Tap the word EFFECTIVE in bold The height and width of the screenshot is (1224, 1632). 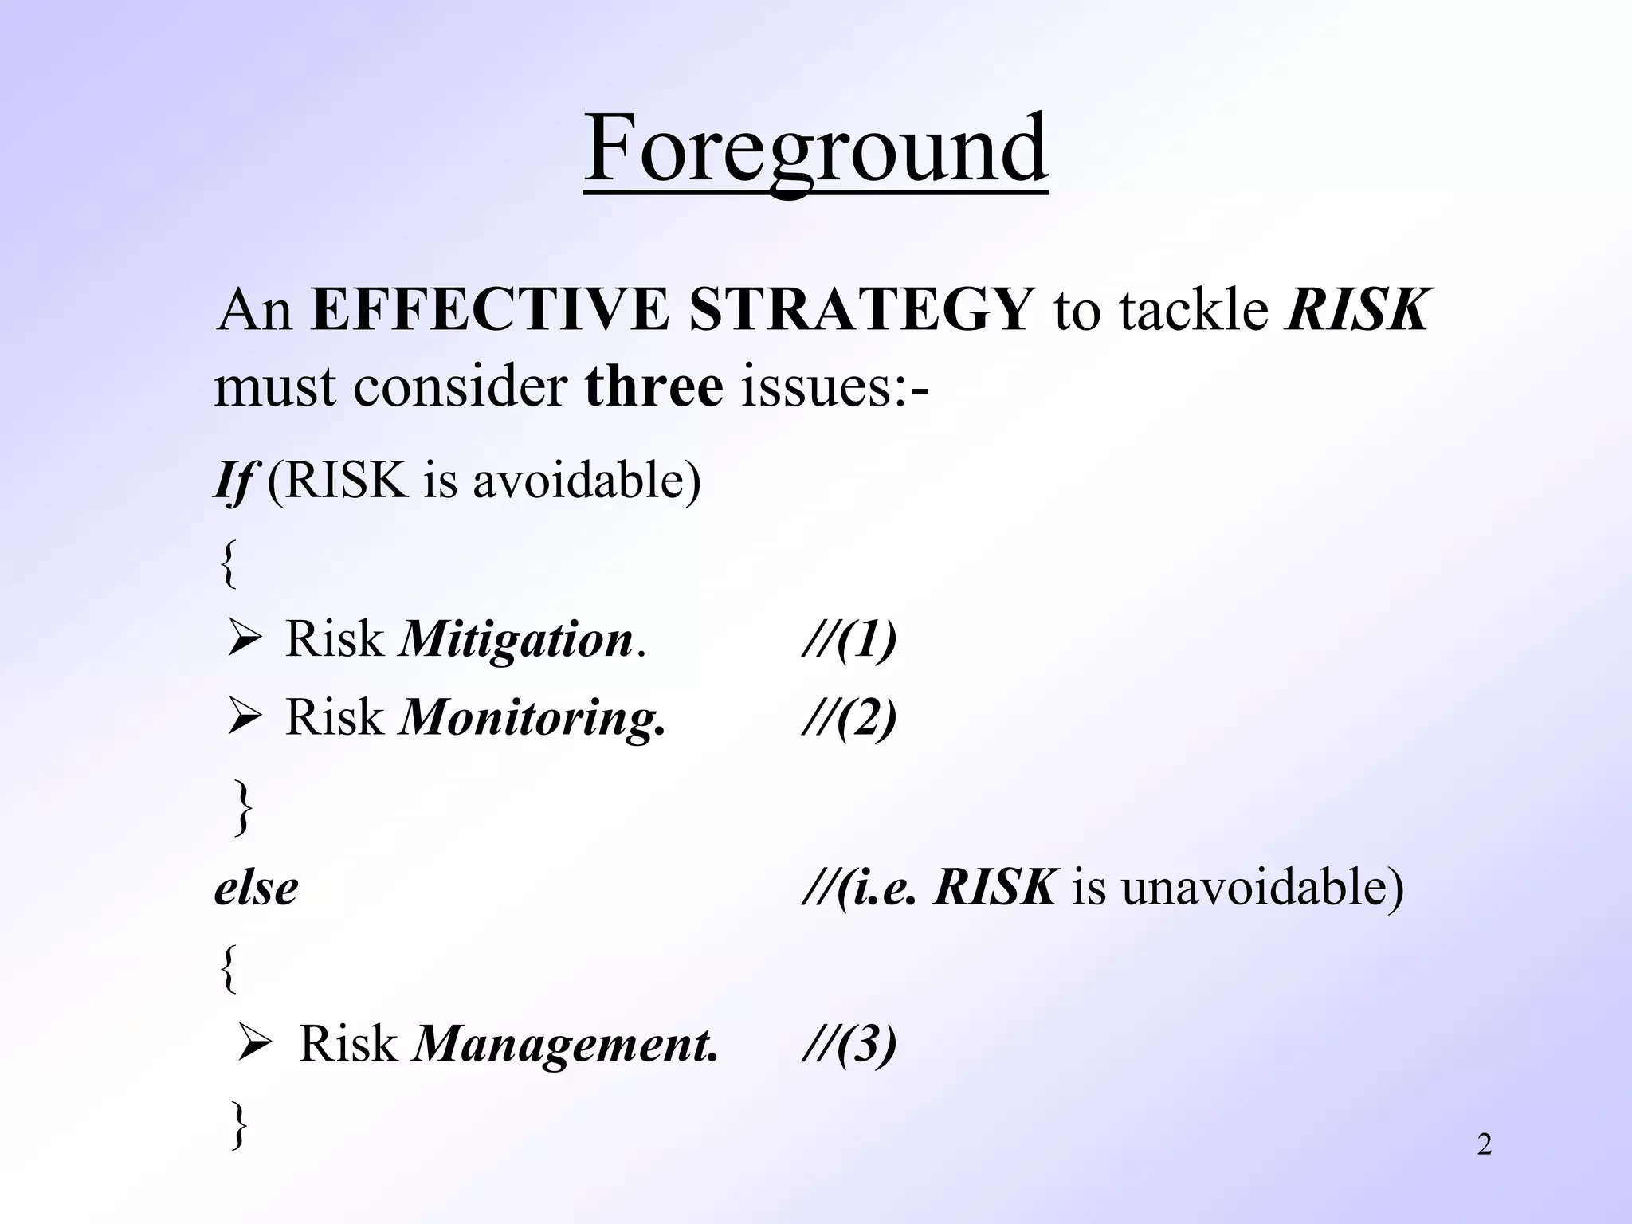coord(490,311)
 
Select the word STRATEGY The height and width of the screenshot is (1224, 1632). coord(861,311)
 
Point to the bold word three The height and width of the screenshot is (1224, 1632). coord(653,387)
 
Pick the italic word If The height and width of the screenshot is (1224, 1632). coord(233,481)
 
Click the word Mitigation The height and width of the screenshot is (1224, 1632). coord(516,640)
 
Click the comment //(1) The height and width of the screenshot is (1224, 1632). coord(849,640)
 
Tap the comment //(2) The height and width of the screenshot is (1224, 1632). coord(849,718)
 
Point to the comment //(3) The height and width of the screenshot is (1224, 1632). coord(849,1044)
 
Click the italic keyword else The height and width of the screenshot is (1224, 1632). coord(256,888)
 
